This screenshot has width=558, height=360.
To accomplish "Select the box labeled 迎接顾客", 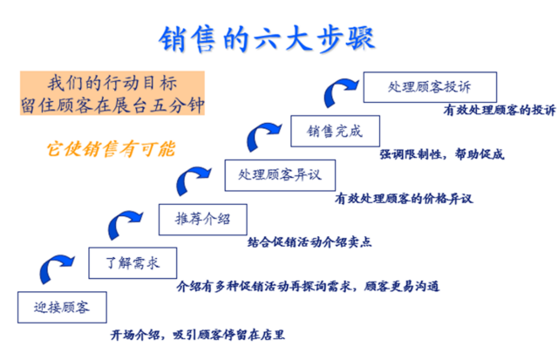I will click(60, 308).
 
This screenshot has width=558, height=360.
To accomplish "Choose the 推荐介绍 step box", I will click(201, 218).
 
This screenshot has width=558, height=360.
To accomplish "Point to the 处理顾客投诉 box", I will click(430, 87).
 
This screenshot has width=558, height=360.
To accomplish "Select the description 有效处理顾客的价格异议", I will click(402, 198).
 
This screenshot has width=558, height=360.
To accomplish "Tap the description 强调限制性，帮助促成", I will click(441, 155).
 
